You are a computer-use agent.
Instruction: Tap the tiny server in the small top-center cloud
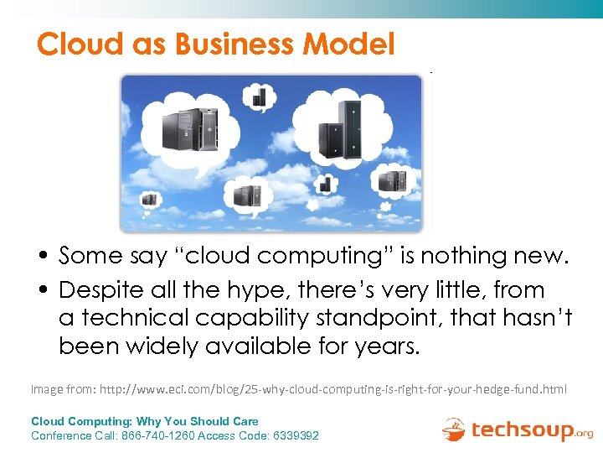[x=259, y=95]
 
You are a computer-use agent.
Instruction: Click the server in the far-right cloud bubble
[x=392, y=180]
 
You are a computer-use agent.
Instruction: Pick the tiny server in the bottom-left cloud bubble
[x=149, y=200]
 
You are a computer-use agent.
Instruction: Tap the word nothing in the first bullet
[x=453, y=256]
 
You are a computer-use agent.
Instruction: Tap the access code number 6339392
[x=292, y=435]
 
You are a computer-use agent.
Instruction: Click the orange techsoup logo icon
[x=454, y=429]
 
